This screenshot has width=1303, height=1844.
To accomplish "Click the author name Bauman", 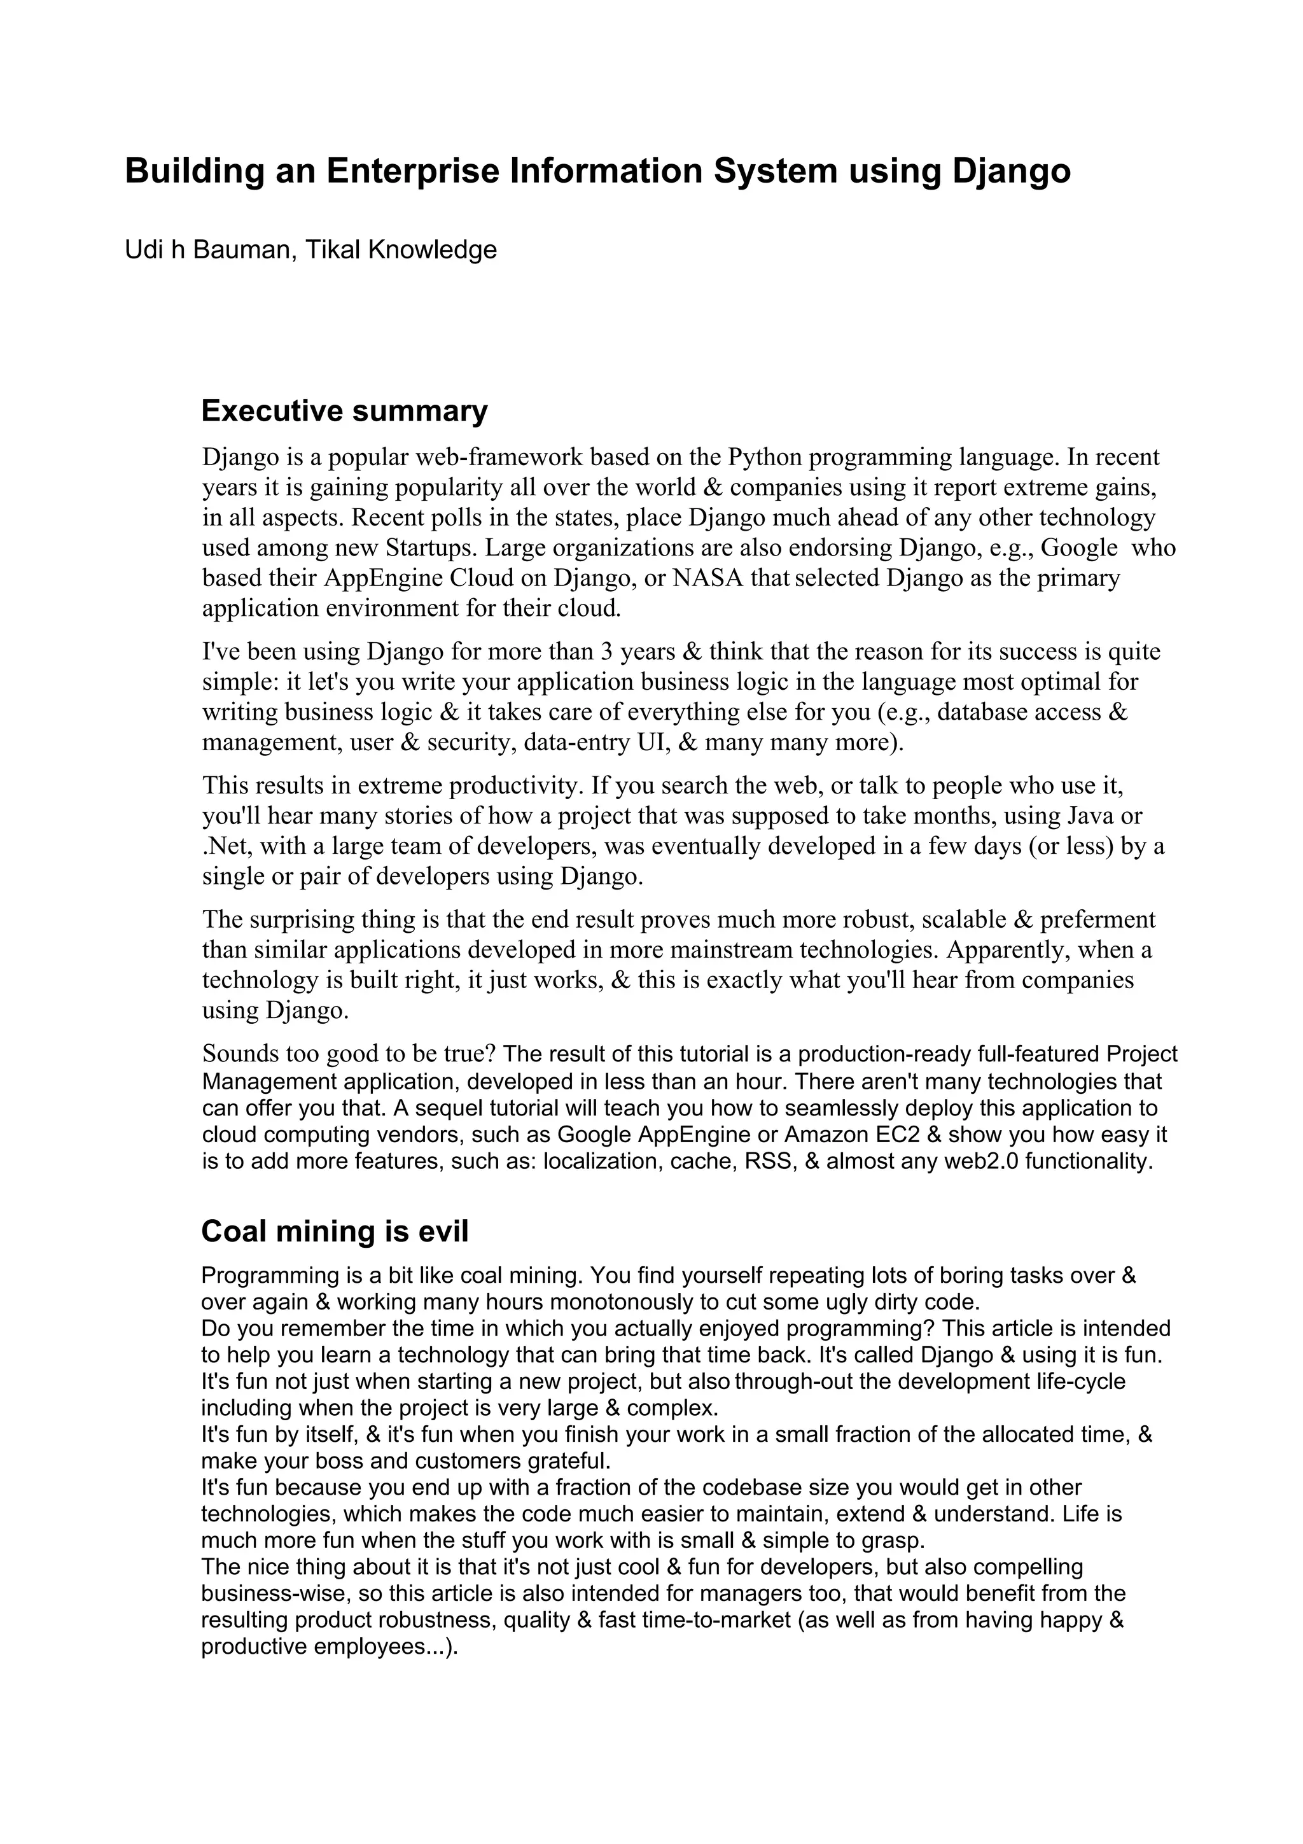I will (x=236, y=250).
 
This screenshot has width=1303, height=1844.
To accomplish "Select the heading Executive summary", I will (x=344, y=410).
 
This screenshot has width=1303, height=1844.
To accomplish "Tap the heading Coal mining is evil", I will (x=335, y=1231).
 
